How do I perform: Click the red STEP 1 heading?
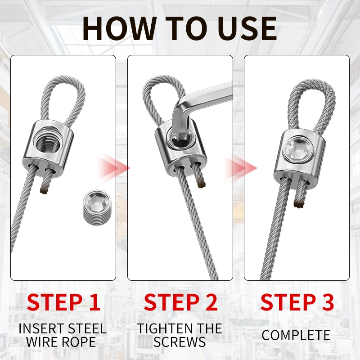(63, 302)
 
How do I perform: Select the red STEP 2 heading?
(181, 302)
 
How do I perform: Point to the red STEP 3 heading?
(297, 302)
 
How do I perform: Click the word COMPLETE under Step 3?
(296, 335)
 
